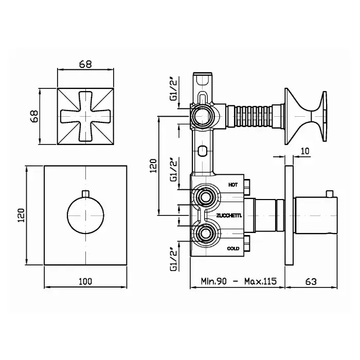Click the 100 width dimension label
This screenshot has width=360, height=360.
pyautogui.click(x=85, y=281)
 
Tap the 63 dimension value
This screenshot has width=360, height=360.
pyautogui.click(x=311, y=281)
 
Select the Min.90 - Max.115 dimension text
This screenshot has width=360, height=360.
pyautogui.click(x=239, y=281)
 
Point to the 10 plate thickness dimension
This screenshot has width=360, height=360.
pyautogui.click(x=305, y=151)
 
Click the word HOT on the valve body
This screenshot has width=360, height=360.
pyautogui.click(x=233, y=185)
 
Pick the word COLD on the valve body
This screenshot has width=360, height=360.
pyautogui.click(x=233, y=248)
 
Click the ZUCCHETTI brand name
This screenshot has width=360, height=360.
pyautogui.click(x=229, y=215)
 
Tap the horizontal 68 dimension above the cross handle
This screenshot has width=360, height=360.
pyautogui.click(x=85, y=64)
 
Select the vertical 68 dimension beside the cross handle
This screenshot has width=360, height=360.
pyautogui.click(x=35, y=116)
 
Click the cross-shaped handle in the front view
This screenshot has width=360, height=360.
pyautogui.click(x=85, y=116)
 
